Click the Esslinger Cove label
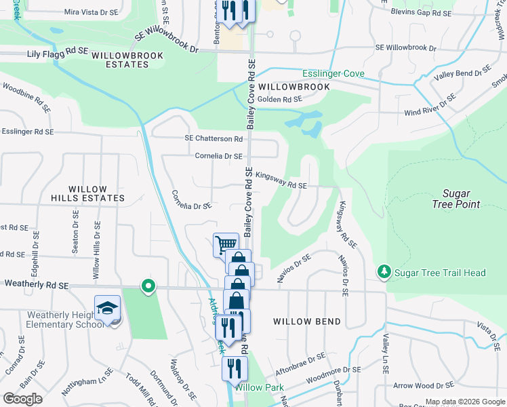coord(333,73)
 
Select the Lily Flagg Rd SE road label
coord(58,51)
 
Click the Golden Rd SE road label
coord(279,99)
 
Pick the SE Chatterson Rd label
coord(214,138)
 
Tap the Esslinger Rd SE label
coord(27,131)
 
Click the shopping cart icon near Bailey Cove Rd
coord(225,244)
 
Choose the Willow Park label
coord(260,387)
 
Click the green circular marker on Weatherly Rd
coord(147,286)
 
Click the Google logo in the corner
coord(23,399)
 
